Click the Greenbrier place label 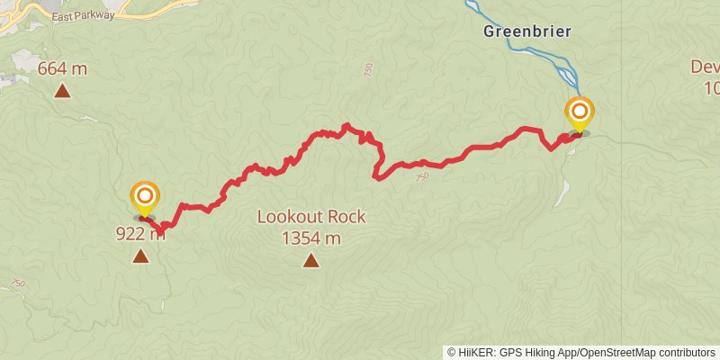(527, 31)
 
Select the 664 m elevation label (63, 68)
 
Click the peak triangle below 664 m (62, 90)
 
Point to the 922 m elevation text (139, 235)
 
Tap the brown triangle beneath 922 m (140, 256)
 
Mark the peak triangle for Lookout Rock (310, 261)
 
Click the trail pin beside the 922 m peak (145, 198)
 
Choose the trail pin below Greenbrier (580, 114)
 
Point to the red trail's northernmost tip (346, 125)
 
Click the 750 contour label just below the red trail (422, 178)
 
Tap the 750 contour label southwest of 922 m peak (17, 283)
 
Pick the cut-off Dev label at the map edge (705, 67)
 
